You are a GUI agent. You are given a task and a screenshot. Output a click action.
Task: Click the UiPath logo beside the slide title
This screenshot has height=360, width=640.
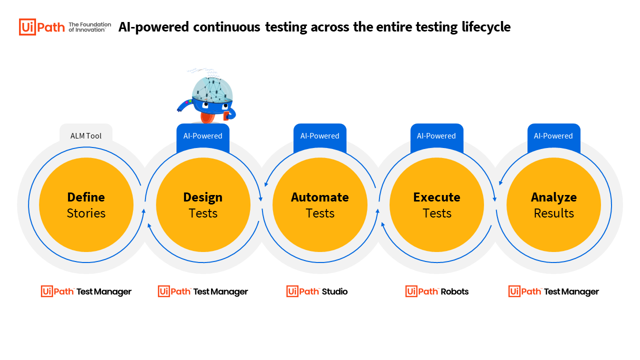(x=42, y=27)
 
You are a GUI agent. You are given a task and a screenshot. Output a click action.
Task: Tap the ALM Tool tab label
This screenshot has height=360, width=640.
(x=85, y=135)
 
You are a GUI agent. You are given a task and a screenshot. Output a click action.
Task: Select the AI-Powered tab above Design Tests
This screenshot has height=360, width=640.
(x=203, y=136)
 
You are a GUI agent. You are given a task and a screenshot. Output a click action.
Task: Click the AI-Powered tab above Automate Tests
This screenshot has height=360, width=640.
(x=319, y=136)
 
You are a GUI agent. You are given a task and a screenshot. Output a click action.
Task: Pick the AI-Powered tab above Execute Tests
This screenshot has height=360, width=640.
(x=436, y=136)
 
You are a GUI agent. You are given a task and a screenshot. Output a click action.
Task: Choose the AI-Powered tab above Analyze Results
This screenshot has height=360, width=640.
(x=553, y=136)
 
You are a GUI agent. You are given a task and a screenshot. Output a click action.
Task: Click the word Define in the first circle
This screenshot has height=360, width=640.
(x=86, y=197)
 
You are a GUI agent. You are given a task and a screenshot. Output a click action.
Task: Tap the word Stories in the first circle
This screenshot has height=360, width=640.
(x=86, y=213)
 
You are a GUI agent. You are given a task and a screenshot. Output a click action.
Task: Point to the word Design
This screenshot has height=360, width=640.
(x=203, y=197)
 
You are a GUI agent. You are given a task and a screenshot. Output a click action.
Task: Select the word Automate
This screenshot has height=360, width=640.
(x=319, y=197)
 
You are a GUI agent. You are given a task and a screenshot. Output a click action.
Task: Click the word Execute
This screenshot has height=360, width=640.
(x=436, y=197)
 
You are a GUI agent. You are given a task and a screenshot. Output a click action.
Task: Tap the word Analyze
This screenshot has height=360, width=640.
(x=553, y=197)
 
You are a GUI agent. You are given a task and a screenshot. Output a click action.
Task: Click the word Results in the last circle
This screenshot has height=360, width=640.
(x=553, y=213)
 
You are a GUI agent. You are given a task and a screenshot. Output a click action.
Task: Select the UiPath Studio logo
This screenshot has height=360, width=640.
(x=317, y=291)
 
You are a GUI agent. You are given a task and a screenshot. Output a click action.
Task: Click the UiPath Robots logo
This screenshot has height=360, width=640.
(x=437, y=291)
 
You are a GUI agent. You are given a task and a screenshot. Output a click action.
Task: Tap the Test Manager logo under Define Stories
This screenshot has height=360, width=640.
(x=86, y=291)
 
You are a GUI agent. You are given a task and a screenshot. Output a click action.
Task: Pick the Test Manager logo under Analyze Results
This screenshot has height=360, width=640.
(x=553, y=291)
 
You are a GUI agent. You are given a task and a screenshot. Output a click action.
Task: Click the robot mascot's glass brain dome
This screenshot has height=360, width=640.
(x=212, y=89)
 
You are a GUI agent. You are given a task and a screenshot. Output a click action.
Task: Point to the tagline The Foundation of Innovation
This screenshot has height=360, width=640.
(x=89, y=27)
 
